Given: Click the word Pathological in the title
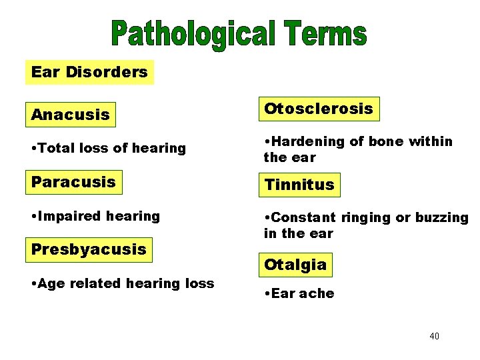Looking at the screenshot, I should point(193,34).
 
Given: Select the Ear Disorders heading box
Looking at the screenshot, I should point(89,72).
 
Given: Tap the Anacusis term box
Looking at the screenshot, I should point(70,115).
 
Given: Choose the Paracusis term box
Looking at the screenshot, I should point(73,181).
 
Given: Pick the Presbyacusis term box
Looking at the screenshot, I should point(89,249).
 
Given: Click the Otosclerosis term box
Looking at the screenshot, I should point(319,109).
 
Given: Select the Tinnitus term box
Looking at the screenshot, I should point(299,185).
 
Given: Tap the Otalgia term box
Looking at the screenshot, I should point(295,265).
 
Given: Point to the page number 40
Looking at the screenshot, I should point(434,336).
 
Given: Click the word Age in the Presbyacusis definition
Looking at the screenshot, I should point(52,283).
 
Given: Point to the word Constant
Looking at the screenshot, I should point(304,217).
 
